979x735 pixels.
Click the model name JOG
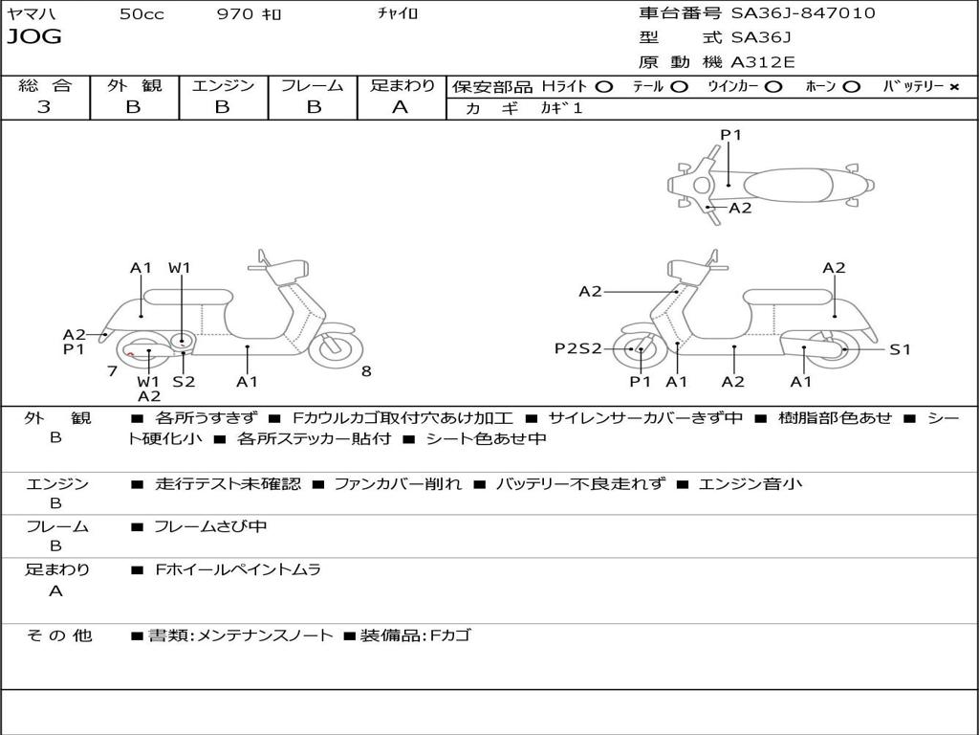34,37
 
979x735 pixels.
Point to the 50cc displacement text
141,14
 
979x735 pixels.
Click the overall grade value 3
44,107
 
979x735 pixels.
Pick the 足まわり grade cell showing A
401,107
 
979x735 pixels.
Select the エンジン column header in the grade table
223,86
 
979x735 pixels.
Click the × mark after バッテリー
953,87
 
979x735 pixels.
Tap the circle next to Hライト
603,87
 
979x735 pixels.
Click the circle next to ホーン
851,87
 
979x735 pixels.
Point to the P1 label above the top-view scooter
730,135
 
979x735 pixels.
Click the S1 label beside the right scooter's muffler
900,349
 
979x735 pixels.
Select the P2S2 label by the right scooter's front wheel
578,348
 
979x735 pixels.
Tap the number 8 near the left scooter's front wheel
366,371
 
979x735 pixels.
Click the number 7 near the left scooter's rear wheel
112,371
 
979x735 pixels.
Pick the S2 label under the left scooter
184,382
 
